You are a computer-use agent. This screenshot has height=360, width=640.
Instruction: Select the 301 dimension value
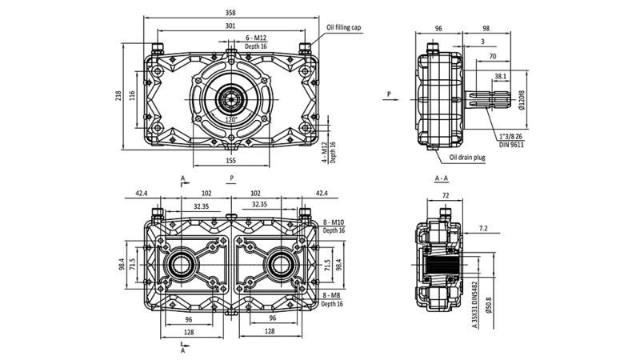click(230, 26)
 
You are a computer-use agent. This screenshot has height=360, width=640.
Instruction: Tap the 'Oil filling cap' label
click(346, 26)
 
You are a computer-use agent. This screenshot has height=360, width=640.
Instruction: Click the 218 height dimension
click(119, 95)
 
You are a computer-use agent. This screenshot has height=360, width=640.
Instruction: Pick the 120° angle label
click(231, 119)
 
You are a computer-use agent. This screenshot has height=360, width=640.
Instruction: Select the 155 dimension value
click(230, 160)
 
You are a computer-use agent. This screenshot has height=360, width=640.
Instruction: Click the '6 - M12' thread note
click(258, 38)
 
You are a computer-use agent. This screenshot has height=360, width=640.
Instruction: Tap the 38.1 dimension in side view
click(500, 77)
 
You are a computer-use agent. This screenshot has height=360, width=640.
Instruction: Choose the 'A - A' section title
click(441, 177)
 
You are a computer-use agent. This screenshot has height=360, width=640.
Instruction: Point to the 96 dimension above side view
click(438, 28)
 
